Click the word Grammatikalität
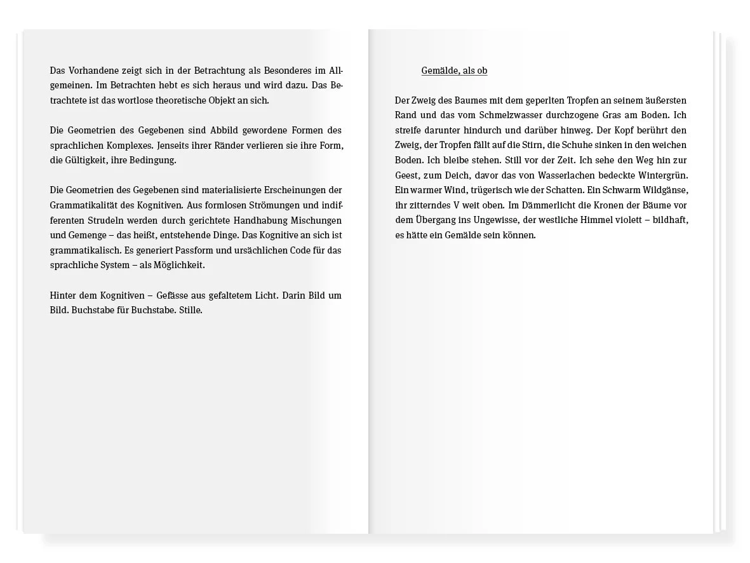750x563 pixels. [x=83, y=205]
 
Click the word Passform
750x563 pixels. [x=195, y=250]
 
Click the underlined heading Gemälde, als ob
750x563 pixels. [x=454, y=71]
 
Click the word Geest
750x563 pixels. [x=407, y=175]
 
